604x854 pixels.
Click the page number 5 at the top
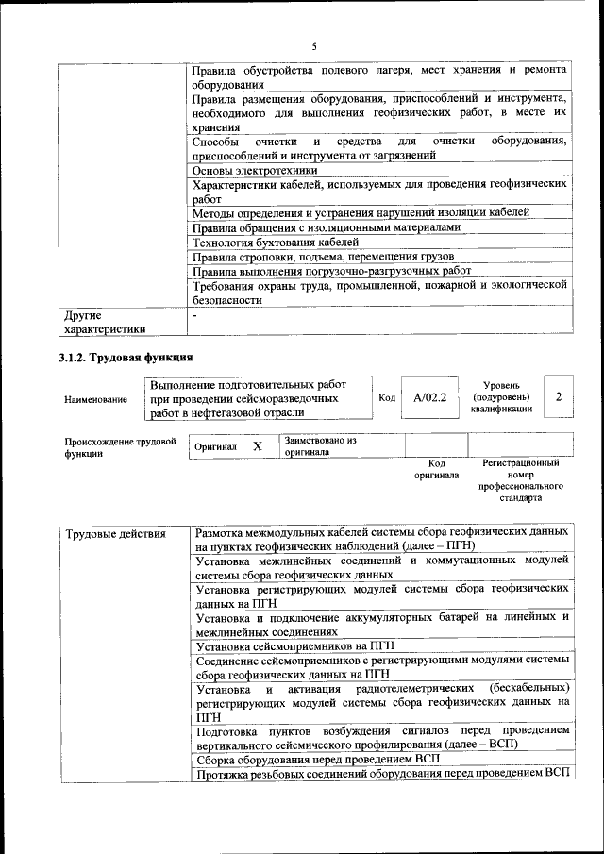tap(313, 46)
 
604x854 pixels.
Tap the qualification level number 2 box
tap(559, 397)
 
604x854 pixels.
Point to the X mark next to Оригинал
tap(257, 445)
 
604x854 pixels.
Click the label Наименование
tap(96, 399)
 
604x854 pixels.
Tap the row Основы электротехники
tap(255, 171)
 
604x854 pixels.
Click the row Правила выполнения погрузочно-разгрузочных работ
tap(331, 271)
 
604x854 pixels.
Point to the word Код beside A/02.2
tap(387, 398)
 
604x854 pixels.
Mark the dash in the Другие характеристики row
tap(193, 315)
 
